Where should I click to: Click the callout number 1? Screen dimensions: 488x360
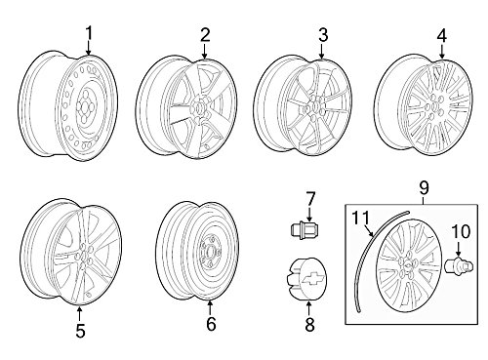pos(89,34)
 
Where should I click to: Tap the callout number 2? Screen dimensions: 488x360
pos(205,35)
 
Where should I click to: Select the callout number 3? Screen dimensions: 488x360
pos(322,35)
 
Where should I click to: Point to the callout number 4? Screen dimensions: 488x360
pos(442,35)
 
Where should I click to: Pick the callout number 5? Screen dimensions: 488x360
pos(80,331)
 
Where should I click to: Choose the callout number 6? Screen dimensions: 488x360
pos(211,324)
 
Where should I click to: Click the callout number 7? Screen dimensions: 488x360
pos(309,199)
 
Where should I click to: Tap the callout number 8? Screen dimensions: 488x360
pos(309,324)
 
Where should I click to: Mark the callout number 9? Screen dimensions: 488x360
pos(424,187)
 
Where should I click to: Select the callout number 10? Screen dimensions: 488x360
pos(461,232)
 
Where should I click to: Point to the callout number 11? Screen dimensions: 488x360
pos(361,218)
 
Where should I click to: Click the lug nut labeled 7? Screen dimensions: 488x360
pos(305,230)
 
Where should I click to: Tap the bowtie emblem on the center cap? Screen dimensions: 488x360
pos(311,277)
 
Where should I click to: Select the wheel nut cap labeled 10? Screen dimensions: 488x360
pos(459,266)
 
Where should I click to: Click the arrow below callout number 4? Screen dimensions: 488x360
pos(442,51)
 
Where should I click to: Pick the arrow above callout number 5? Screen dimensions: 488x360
pos(79,313)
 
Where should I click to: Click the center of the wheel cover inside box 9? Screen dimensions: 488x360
pos(408,265)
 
